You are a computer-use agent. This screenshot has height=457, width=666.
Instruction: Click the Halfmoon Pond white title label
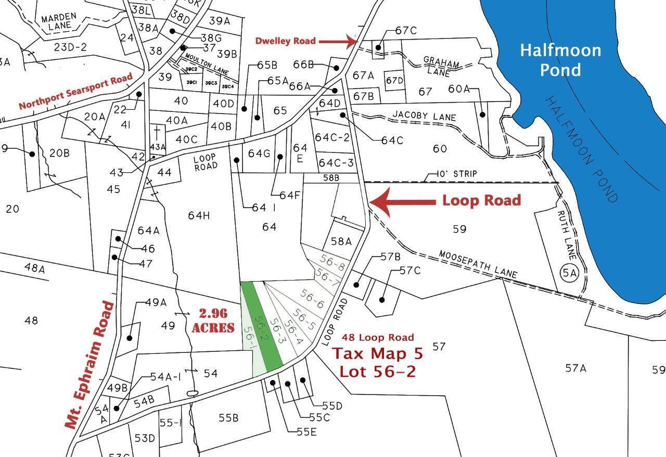click(560, 59)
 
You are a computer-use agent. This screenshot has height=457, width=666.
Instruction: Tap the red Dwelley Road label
click(285, 41)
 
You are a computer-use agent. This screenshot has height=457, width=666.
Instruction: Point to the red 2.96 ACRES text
click(213, 321)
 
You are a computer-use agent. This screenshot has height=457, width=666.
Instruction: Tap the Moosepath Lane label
click(478, 264)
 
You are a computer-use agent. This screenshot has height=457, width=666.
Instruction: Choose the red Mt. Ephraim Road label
click(90, 364)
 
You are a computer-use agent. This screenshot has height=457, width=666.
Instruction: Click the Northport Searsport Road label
click(76, 91)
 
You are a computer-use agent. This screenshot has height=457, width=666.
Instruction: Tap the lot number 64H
click(199, 214)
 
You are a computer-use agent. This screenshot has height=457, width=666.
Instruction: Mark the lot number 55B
click(228, 417)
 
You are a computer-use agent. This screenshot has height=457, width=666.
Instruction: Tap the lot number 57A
click(576, 369)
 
